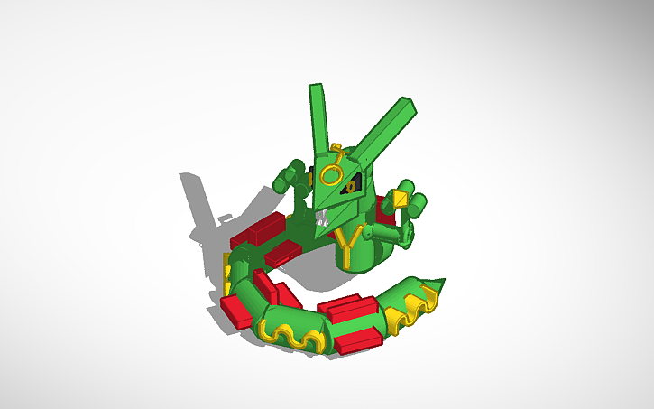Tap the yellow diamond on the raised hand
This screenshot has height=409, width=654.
(x=401, y=199)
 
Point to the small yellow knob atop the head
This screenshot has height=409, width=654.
(x=336, y=147)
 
